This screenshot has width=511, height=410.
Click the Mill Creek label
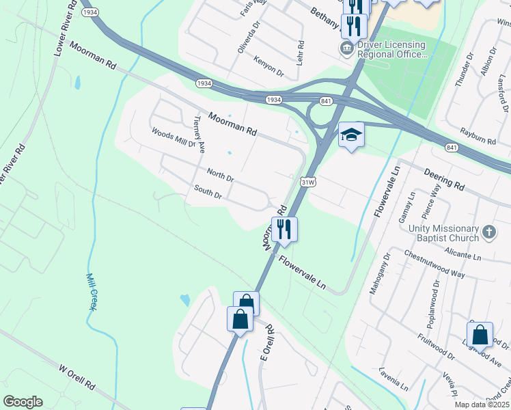pos(91,292)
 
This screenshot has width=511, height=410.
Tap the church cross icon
pos(488,232)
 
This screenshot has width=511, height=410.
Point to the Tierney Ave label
pos(199,131)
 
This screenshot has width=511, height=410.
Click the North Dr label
pos(220,176)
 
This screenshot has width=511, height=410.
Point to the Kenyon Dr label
pos(268,68)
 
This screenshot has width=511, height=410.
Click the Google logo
pos(23,402)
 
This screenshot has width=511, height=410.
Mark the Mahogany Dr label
pos(379,273)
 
